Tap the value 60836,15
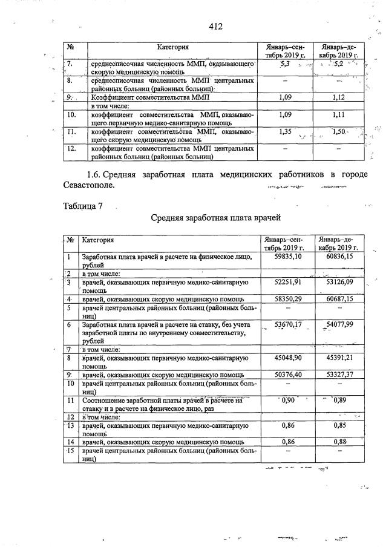[338, 257]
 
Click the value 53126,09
[338, 281]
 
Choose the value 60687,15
[338, 299]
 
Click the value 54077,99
[338, 324]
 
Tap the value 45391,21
[338, 358]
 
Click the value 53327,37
[338, 375]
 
